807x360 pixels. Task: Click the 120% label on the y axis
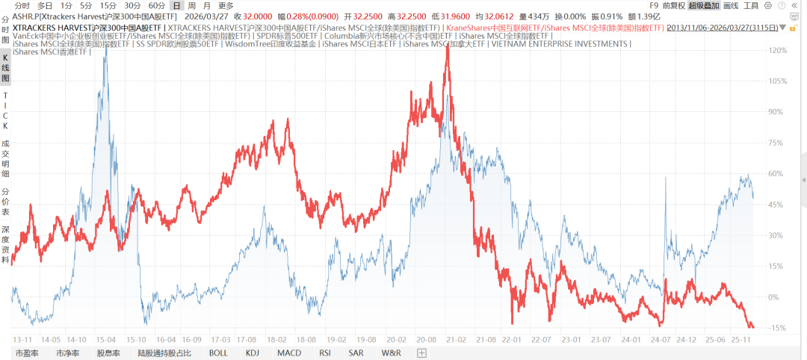[778, 50]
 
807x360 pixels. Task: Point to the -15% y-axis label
[778, 328]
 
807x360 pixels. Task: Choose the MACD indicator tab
[289, 353]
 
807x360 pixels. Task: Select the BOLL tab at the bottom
[218, 353]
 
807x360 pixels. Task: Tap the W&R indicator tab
[392, 353]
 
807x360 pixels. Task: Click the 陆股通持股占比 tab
[164, 353]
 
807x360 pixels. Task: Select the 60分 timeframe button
[157, 5]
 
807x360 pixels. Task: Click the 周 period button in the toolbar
[193, 5]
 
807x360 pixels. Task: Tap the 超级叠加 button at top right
[704, 5]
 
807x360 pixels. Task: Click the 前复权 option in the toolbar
[672, 5]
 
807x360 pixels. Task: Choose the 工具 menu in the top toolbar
[751, 5]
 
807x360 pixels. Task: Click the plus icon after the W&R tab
[421, 353]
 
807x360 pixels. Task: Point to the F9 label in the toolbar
[654, 5]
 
